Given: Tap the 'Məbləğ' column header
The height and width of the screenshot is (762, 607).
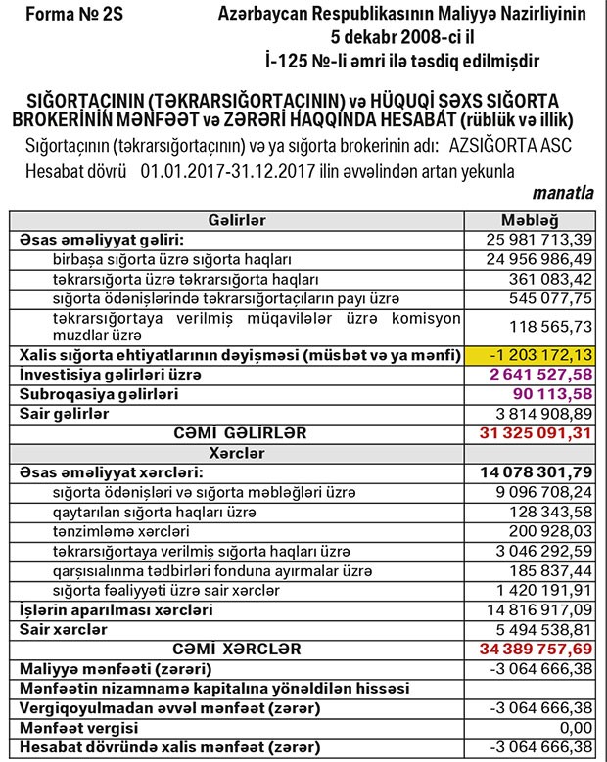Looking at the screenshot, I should point(530,220).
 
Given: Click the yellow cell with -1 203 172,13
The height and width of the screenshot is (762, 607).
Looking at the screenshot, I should point(530,354).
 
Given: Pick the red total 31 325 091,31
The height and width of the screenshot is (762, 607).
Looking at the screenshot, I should point(537,432).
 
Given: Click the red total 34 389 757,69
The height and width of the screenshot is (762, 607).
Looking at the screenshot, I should point(537,649).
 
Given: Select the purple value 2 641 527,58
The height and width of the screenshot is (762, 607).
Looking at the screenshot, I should point(539,374).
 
